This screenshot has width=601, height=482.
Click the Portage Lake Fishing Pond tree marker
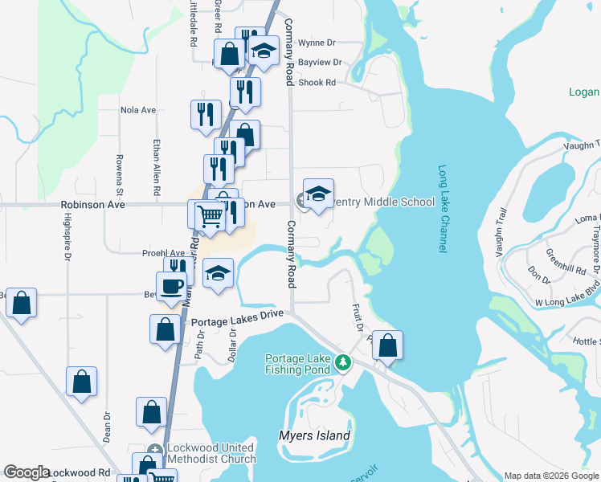(x=343, y=362)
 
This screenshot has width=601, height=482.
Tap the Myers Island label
(x=314, y=436)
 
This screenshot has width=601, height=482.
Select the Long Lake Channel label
(x=442, y=210)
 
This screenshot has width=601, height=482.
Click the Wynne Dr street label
(x=317, y=43)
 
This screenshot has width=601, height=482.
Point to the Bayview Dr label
(x=320, y=62)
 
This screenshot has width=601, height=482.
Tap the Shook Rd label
(x=317, y=82)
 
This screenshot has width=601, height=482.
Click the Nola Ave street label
(x=137, y=110)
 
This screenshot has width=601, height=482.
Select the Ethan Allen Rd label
(x=157, y=169)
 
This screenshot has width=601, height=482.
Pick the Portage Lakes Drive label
(x=238, y=315)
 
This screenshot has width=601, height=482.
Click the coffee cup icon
(x=171, y=287)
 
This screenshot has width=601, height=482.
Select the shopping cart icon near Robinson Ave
(x=210, y=215)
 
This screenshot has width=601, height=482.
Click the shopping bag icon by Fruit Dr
(x=387, y=345)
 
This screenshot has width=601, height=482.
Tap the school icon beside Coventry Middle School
(x=318, y=194)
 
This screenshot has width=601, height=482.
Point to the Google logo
(x=27, y=472)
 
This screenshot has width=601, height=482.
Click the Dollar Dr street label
(x=232, y=343)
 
